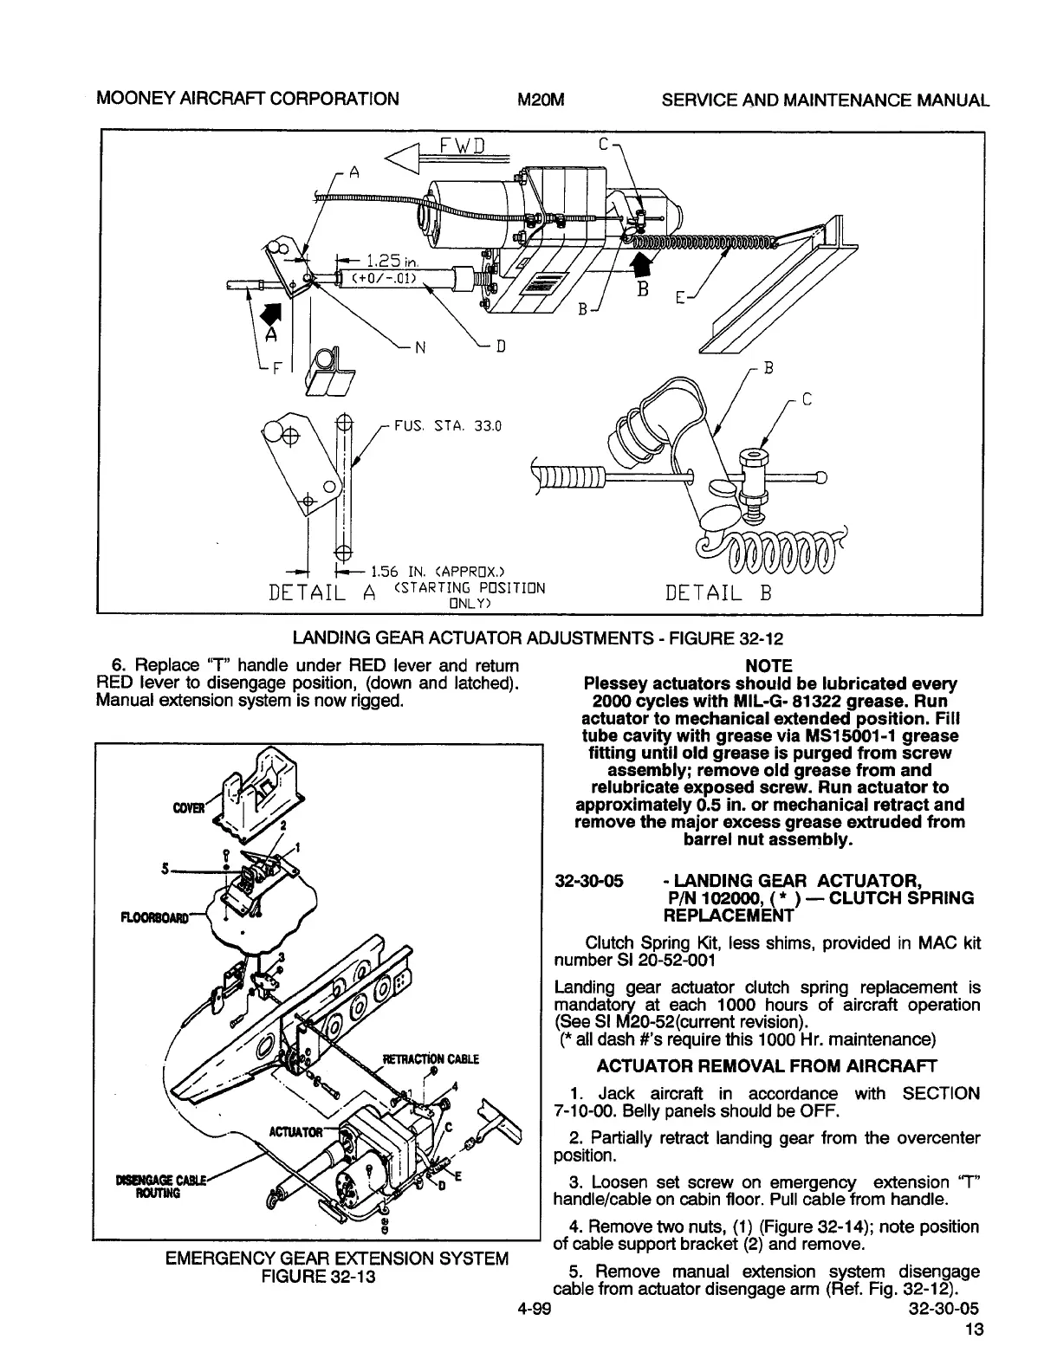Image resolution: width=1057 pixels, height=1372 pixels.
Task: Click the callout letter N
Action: coord(419,349)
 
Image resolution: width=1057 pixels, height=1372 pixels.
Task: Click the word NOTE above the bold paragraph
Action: coord(768,665)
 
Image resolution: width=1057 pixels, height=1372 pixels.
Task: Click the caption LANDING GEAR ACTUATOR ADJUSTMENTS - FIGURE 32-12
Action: coord(538,639)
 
